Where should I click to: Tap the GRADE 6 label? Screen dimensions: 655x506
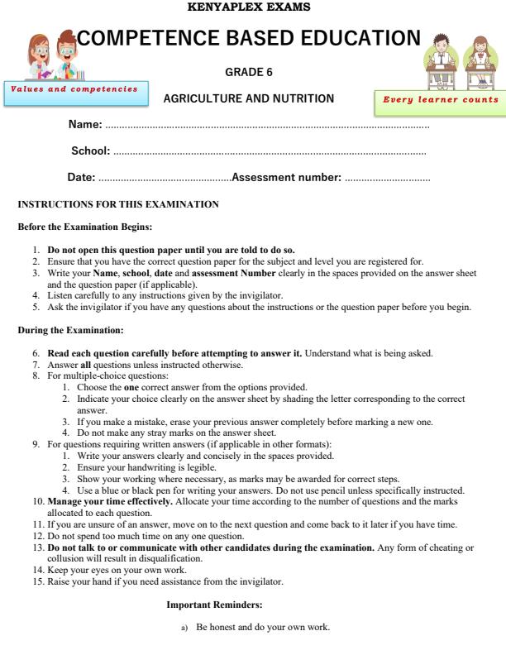tap(249, 73)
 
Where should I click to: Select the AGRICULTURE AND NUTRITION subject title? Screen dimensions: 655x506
tap(249, 98)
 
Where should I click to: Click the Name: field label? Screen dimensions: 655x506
tap(84, 124)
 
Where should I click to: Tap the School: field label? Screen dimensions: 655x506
tap(91, 151)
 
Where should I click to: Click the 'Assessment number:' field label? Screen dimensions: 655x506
tap(286, 177)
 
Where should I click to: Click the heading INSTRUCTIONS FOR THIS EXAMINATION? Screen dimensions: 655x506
tap(118, 204)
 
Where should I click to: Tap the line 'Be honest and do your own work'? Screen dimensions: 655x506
tap(262, 628)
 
